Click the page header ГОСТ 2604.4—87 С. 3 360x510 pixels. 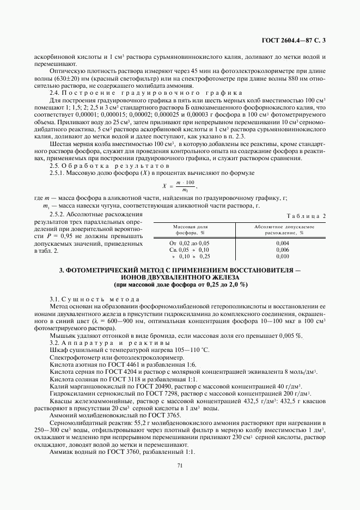pyautogui.click(x=294, y=40)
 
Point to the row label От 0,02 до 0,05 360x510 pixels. pyautogui.click(x=190, y=242)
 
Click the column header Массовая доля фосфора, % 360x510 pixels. pyautogui.click(x=191, y=229)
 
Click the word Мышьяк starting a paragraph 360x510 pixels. pyautogui.click(x=62, y=335)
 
